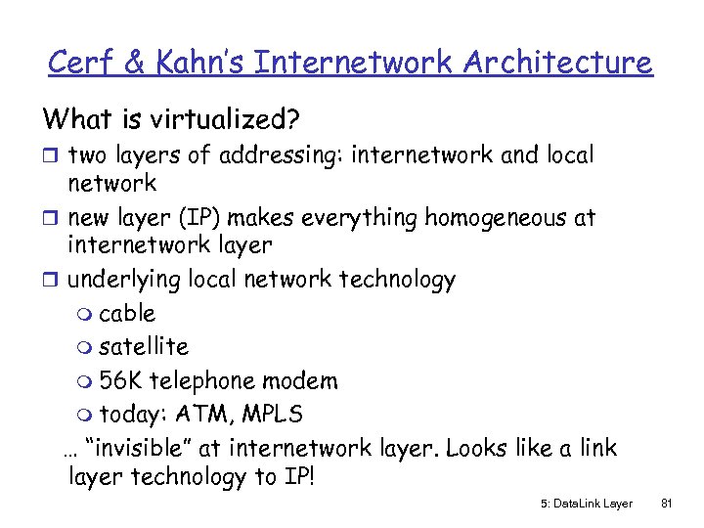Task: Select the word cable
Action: tap(127, 314)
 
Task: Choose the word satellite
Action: tap(144, 346)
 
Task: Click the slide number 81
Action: tap(667, 503)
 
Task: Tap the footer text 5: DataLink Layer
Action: tap(586, 503)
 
